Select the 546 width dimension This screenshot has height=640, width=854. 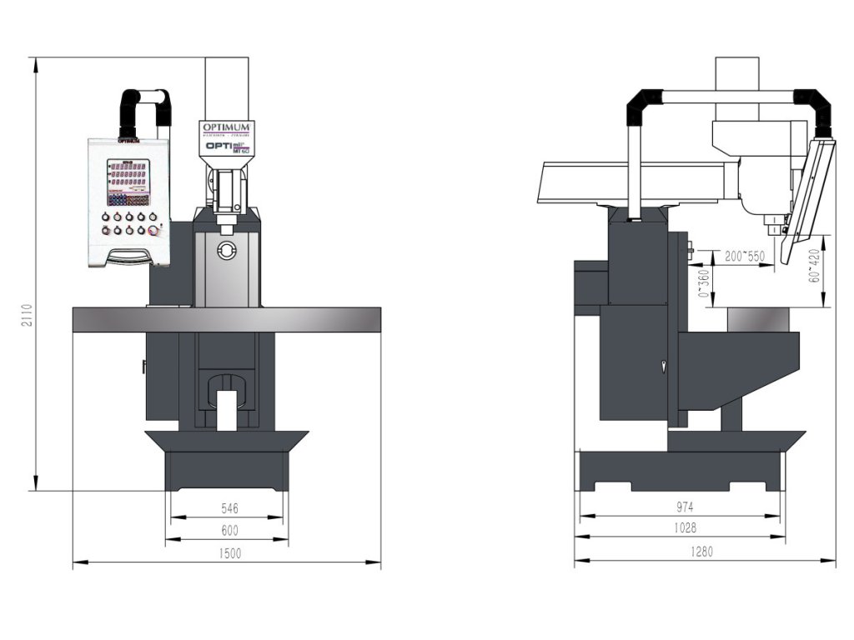230,507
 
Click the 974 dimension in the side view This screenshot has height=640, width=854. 686,506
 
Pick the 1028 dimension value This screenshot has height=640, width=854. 686,527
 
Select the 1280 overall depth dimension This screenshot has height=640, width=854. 702,551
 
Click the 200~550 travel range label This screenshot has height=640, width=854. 744,255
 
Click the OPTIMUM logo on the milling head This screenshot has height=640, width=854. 227,127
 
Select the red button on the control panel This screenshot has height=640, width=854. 153,231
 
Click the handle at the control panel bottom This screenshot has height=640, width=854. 129,255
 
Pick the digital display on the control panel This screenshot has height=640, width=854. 128,177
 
